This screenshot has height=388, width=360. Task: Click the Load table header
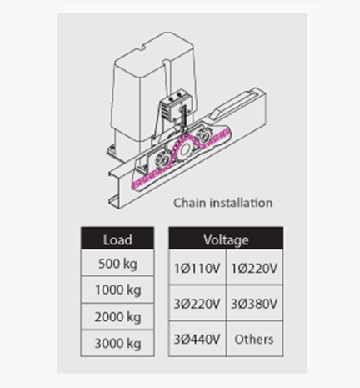[117, 238]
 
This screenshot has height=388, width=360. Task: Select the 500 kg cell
[117, 263]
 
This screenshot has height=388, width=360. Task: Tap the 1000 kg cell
[117, 290]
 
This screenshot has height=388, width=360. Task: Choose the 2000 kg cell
[117, 316]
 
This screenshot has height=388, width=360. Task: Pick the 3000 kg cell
[117, 343]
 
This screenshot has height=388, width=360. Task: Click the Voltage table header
[226, 238]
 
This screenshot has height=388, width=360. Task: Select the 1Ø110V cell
[197, 267]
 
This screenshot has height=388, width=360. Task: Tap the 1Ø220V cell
[255, 267]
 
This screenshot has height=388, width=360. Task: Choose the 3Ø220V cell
[197, 303]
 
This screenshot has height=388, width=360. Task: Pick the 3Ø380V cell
[255, 303]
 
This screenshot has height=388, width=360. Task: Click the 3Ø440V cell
[197, 339]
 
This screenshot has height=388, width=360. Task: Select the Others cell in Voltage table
[255, 339]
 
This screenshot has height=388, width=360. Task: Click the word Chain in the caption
[190, 203]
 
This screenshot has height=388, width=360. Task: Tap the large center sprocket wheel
[184, 150]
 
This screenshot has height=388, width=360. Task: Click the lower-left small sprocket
[163, 160]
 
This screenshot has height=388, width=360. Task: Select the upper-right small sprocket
[203, 135]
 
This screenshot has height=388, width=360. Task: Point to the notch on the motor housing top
[142, 48]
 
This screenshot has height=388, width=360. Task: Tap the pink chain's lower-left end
[134, 185]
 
